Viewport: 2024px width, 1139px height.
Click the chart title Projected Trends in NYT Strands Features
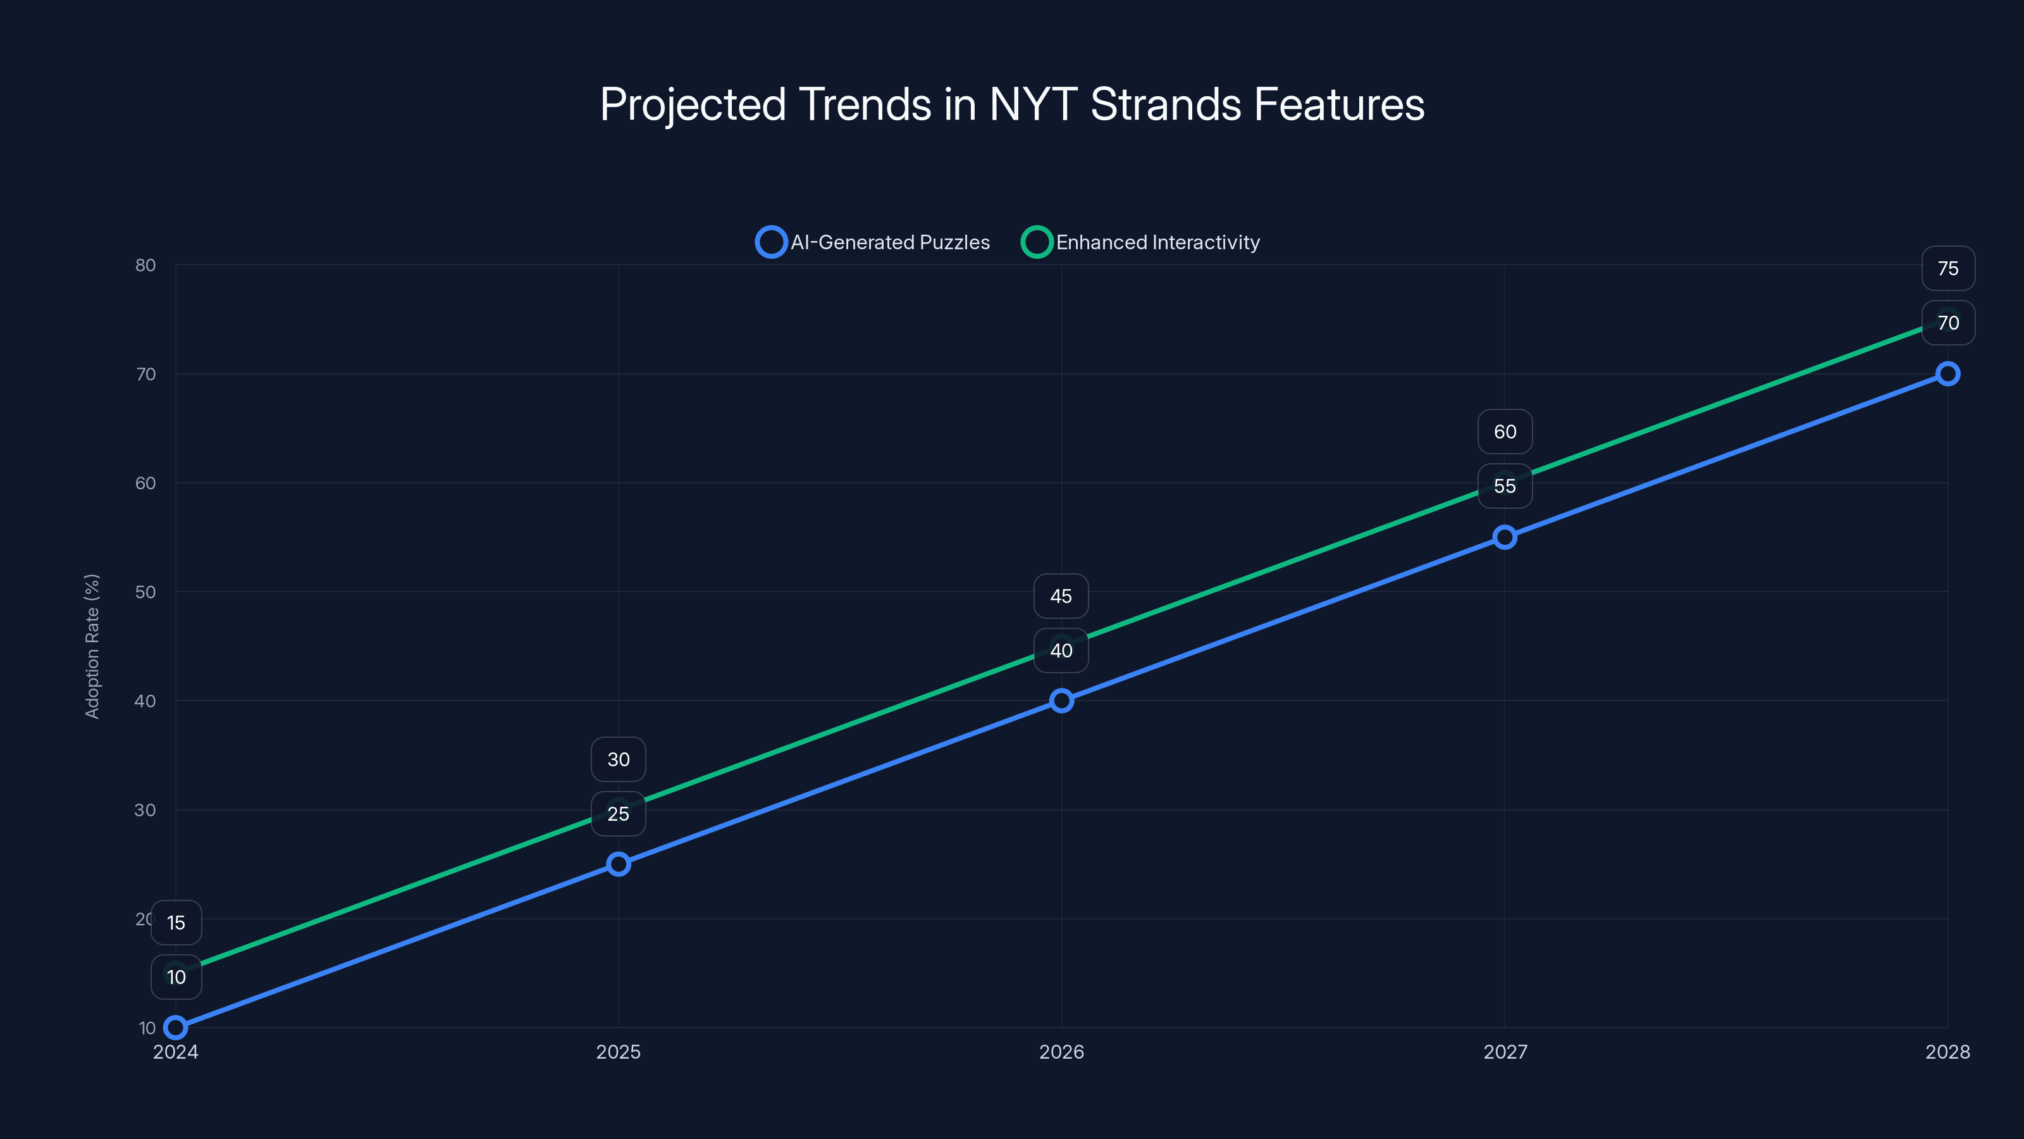[1012, 104]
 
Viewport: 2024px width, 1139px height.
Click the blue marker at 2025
[619, 864]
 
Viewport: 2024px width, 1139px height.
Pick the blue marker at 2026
[1061, 700]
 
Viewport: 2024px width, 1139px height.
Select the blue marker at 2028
[1947, 374]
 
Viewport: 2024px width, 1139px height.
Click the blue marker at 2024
[176, 1028]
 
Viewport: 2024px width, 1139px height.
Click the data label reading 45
[1061, 597]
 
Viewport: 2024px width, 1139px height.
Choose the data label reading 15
[176, 923]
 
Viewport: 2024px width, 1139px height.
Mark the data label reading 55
[1505, 487]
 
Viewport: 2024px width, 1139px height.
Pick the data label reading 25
[619, 814]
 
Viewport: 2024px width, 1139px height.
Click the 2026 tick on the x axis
[1061, 1052]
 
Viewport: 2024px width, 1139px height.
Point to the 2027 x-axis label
[1505, 1052]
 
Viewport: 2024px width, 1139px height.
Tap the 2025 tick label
[619, 1052]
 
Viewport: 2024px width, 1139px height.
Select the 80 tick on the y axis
[145, 266]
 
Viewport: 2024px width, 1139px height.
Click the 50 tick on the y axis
[145, 592]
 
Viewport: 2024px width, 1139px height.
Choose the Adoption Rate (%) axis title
[92, 646]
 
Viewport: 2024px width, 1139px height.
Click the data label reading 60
[1505, 432]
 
